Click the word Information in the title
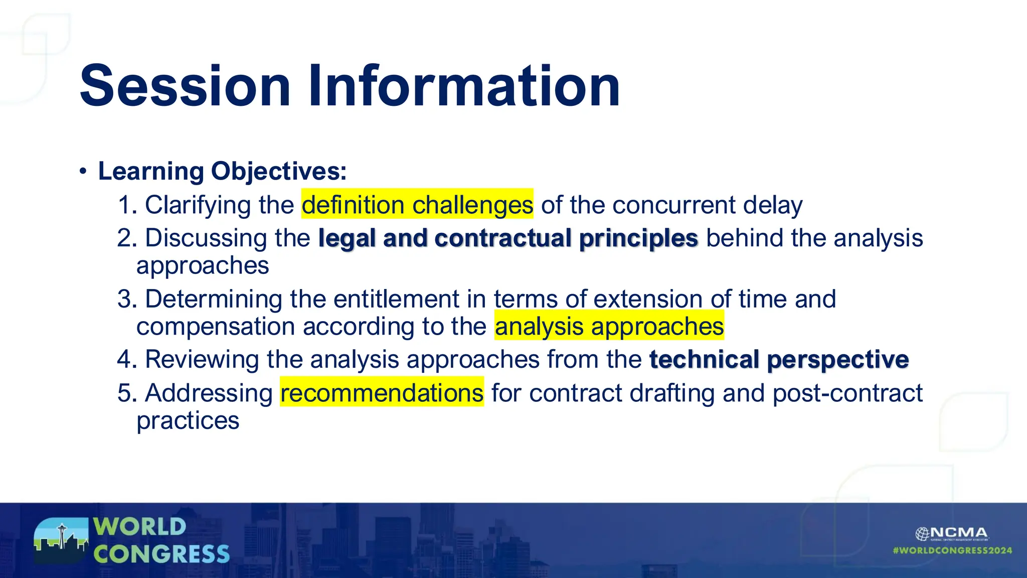coord(464,86)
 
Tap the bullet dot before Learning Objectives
coord(83,172)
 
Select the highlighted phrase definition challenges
coord(417,205)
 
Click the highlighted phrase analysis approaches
coord(609,326)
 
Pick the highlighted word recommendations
coord(382,392)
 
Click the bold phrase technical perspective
coord(779,359)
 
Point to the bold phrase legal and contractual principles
coord(508,238)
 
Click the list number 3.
coord(126,299)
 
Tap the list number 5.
coord(126,392)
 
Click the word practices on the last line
coord(188,420)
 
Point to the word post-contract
coord(847,392)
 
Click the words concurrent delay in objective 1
coord(707,205)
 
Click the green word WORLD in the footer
coord(140,527)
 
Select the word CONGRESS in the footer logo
coord(161,554)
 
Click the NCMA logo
coord(952,533)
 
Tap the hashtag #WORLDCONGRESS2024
coord(952,550)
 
